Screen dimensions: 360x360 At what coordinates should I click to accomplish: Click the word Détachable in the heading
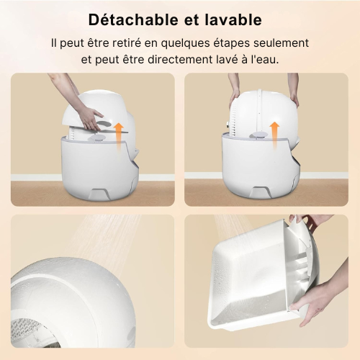pos(134,19)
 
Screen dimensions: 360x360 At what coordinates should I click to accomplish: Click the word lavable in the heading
pos(233,19)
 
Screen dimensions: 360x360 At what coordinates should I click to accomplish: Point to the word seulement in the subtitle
pos(282,43)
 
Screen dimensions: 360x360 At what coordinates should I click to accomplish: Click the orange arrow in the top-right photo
pos(274,134)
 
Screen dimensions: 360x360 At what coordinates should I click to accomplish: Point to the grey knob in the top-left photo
pos(97,138)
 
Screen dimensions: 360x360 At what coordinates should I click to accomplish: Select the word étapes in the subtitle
pos(232,44)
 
